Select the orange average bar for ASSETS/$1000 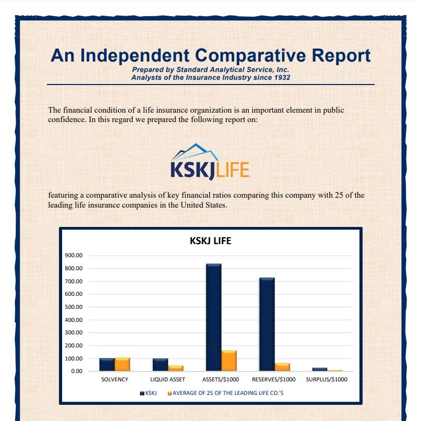[229, 360]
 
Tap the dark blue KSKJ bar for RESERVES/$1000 [267, 324]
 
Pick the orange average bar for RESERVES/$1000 [282, 367]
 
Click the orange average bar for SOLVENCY [122, 364]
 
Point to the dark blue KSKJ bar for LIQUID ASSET [160, 365]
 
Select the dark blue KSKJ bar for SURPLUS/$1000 [320, 369]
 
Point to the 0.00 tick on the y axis [76, 371]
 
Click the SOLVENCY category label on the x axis [114, 380]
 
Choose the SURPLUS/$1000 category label [327, 380]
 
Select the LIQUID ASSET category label [167, 380]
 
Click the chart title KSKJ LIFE [210, 241]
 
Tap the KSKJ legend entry [149, 393]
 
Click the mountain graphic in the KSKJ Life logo [196, 153]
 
